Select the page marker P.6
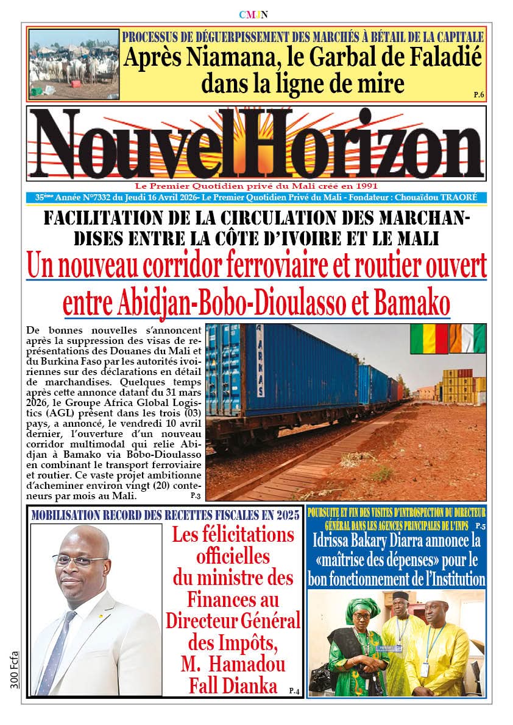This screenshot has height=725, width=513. [x=478, y=94]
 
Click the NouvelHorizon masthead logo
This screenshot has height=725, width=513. [x=256, y=144]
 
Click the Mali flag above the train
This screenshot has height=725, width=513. [x=428, y=339]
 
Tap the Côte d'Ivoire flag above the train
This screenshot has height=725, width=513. [x=467, y=339]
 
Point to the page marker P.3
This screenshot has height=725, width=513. [x=195, y=497]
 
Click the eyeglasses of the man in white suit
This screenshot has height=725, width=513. [x=79, y=559]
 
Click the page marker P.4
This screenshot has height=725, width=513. [x=294, y=690]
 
